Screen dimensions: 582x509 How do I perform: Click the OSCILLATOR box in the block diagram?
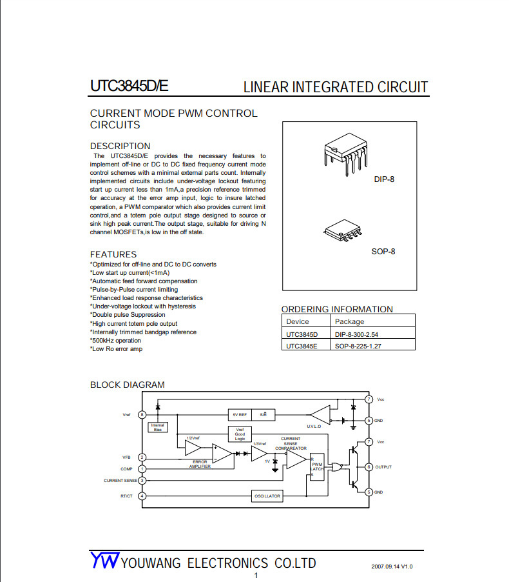coord(267,496)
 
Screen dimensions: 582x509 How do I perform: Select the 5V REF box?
coord(240,414)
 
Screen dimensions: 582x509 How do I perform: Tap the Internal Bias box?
coord(157,427)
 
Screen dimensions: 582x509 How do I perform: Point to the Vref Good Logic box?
coord(240,434)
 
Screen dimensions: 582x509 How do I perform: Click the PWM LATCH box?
coord(316,466)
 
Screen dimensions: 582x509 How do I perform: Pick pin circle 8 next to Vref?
coord(142,414)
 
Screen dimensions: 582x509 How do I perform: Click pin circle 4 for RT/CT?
coord(142,496)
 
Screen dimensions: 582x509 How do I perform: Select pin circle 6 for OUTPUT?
coord(369,467)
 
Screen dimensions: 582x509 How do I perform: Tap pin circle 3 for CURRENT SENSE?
coord(142,480)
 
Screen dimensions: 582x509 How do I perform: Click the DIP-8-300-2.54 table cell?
coord(356,334)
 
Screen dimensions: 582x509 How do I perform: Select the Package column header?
coord(349,321)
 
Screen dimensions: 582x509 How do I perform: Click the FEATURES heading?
coord(113,254)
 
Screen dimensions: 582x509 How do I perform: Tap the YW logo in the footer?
coord(104,561)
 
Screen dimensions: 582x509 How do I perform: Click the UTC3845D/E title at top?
coord(129,86)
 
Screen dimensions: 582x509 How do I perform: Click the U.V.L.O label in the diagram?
coord(314,426)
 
